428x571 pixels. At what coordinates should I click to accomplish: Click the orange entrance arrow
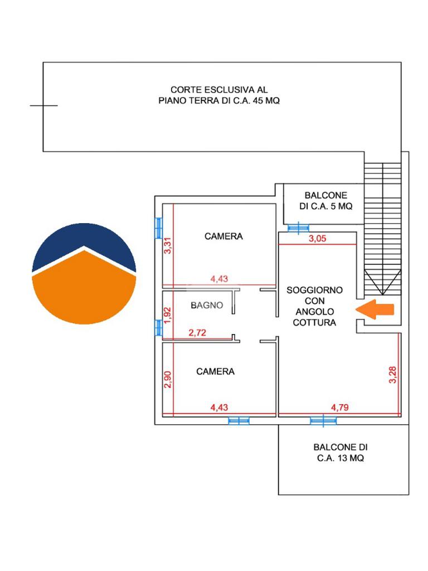(x=374, y=309)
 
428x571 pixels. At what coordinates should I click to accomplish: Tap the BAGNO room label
(x=207, y=305)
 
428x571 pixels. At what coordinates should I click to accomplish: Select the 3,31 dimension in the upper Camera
(x=167, y=245)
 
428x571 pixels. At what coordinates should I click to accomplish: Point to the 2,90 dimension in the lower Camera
(x=167, y=379)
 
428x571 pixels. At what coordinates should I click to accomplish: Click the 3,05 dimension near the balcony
(x=317, y=239)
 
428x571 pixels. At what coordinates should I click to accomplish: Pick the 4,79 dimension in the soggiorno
(x=339, y=407)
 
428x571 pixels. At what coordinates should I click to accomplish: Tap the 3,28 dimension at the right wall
(x=393, y=375)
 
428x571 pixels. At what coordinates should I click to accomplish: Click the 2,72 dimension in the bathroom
(x=197, y=332)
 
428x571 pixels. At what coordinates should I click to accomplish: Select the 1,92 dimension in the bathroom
(x=167, y=316)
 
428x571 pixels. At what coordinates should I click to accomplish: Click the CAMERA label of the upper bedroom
(x=223, y=236)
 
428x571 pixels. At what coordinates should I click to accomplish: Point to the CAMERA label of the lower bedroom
(x=215, y=371)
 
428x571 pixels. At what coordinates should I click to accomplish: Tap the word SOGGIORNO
(x=314, y=290)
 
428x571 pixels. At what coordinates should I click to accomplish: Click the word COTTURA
(x=314, y=323)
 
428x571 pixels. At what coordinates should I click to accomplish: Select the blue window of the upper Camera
(x=158, y=228)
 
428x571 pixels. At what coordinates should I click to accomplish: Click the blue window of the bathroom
(x=158, y=327)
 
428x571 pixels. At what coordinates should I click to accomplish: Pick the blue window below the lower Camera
(x=239, y=421)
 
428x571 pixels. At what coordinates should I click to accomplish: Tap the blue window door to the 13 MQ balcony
(x=323, y=420)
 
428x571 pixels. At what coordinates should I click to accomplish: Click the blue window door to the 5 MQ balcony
(x=299, y=228)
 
